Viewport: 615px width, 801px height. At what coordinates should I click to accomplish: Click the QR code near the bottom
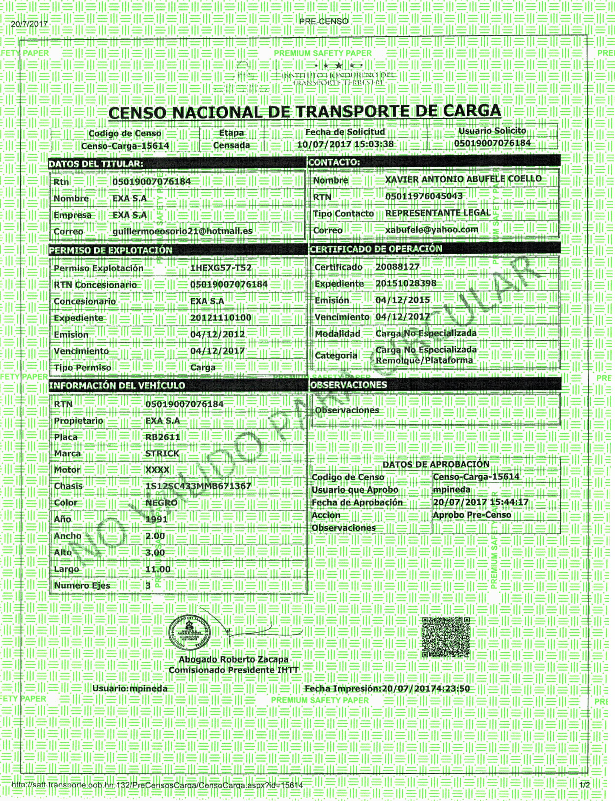point(446,638)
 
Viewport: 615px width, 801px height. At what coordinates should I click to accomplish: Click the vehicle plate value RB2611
point(163,437)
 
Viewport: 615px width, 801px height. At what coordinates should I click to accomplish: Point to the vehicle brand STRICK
point(162,453)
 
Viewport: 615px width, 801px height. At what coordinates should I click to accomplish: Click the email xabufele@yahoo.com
point(432,229)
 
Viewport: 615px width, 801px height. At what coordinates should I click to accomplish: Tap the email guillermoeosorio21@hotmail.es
point(182,231)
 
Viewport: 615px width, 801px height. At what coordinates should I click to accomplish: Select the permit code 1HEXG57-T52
point(221,268)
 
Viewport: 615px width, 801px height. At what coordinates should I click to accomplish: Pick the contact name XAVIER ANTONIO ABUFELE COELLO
point(463,179)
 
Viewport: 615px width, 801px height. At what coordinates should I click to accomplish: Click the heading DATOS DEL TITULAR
point(96,164)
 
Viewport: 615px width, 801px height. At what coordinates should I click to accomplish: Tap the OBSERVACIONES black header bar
point(435,384)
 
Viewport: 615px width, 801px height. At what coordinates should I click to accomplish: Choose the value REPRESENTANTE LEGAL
point(438,213)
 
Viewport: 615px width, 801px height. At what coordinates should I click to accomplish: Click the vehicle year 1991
point(156,519)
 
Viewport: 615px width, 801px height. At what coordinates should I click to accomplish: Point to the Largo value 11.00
point(158,569)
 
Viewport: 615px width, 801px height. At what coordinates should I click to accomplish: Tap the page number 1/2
point(585,785)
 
